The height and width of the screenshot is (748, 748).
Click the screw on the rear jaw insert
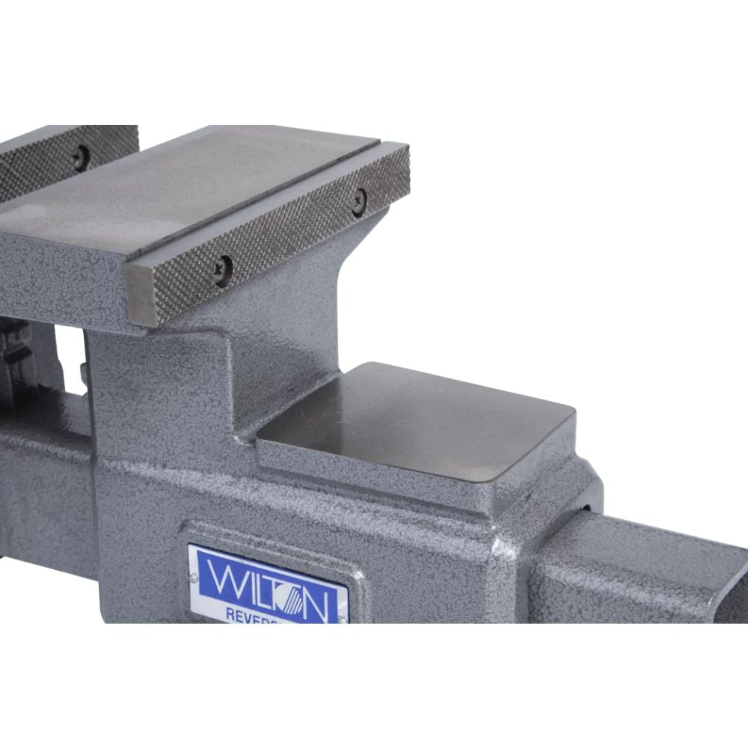[80, 156]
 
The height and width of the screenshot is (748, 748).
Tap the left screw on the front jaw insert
[222, 269]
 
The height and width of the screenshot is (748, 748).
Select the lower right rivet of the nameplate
[343, 619]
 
